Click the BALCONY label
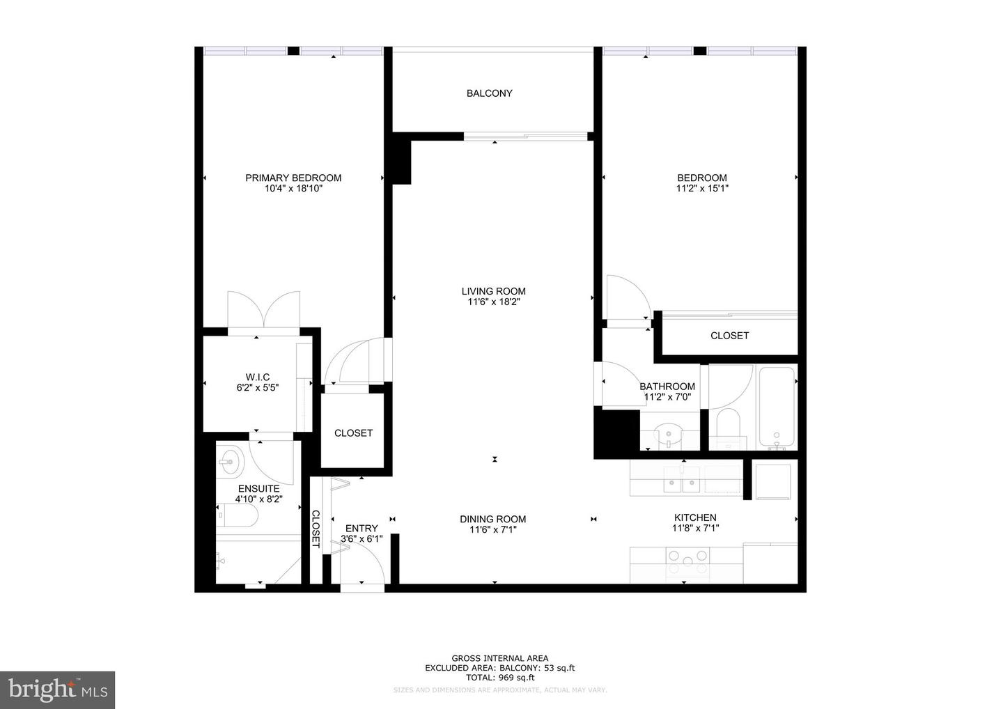pos(490,93)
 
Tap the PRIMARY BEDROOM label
pos(293,178)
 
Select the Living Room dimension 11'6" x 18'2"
pos(493,302)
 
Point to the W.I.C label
pos(258,377)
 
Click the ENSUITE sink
pos(231,460)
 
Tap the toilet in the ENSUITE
pos(238,515)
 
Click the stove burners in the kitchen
pos(687,562)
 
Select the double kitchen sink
pos(681,480)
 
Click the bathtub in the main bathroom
pos(777,408)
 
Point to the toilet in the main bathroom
pos(728,428)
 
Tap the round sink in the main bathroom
pos(669,434)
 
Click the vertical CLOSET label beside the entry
pos(316,529)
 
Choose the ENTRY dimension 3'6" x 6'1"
pos(361,539)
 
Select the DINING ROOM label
pos(493,520)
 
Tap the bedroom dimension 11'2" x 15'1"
pos(702,189)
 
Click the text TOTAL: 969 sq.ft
pos(500,678)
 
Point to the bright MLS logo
pos(57,689)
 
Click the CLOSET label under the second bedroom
pos(730,336)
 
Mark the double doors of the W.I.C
pos(264,310)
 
